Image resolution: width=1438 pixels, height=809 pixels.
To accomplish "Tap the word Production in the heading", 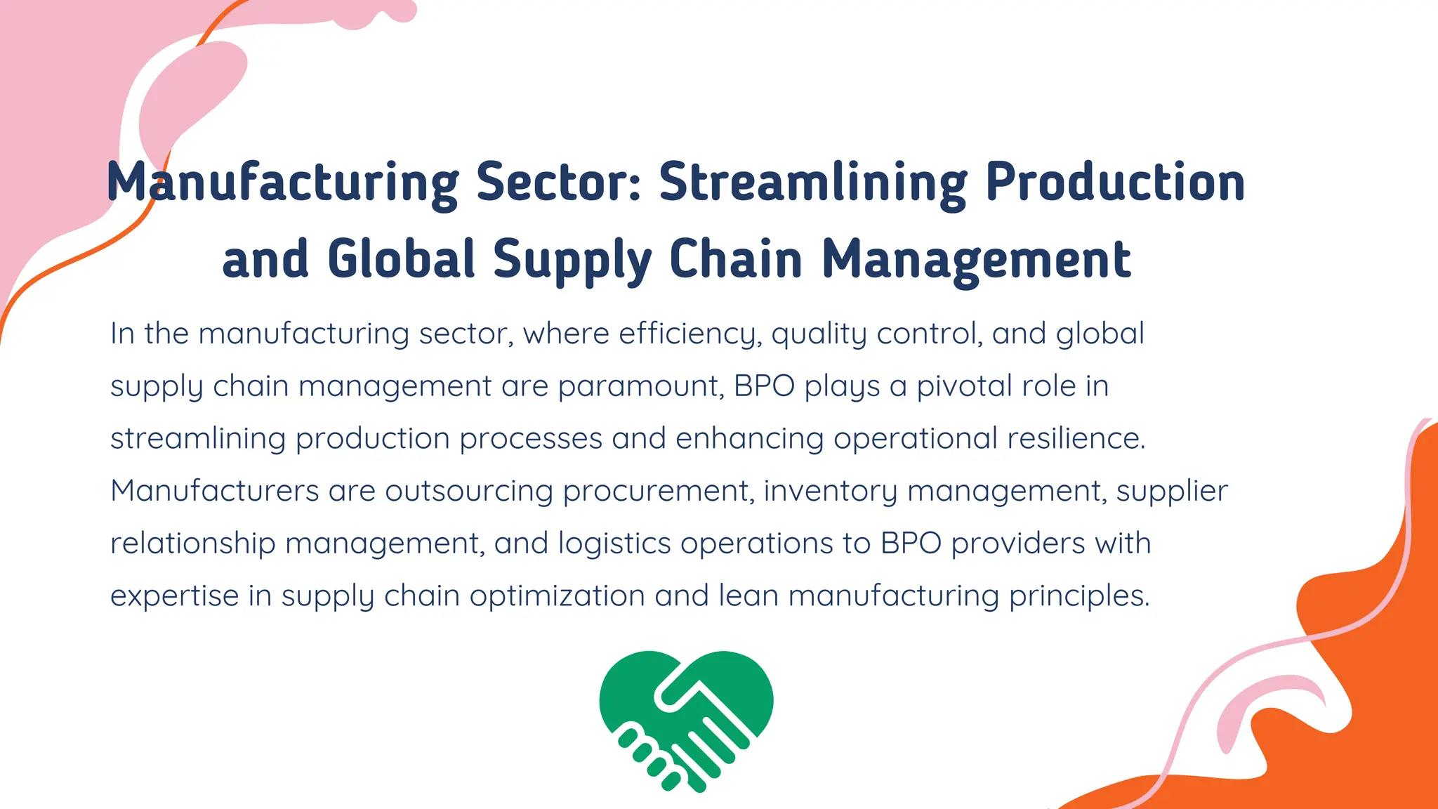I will click(1115, 183).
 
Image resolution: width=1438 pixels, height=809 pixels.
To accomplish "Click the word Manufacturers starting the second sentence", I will click(215, 491).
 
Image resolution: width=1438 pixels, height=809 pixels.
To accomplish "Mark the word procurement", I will click(659, 491).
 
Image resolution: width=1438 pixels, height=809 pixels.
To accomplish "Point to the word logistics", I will click(614, 544).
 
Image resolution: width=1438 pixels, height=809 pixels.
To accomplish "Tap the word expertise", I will click(175, 596).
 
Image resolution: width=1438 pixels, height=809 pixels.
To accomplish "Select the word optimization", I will click(557, 596).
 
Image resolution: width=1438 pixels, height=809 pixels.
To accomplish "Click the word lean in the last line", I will click(748, 596).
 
